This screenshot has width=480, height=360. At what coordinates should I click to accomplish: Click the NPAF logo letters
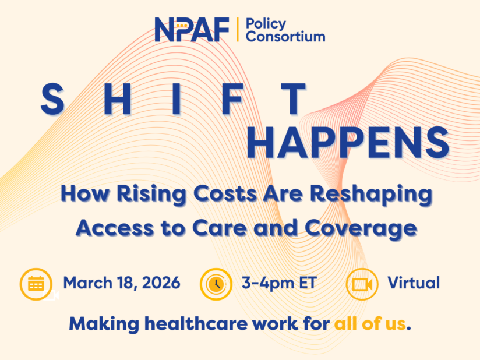(x=192, y=29)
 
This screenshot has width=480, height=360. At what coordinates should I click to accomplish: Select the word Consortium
(x=285, y=37)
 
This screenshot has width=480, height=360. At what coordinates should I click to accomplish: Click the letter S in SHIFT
(x=52, y=99)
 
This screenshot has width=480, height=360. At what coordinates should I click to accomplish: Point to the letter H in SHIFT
(x=117, y=99)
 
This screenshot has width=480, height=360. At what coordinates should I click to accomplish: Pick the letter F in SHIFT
(x=232, y=99)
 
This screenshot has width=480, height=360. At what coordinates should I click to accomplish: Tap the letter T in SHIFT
(x=293, y=99)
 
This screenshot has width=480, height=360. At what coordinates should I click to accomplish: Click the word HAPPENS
(x=348, y=143)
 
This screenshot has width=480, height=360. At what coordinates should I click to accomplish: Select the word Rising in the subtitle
(x=151, y=194)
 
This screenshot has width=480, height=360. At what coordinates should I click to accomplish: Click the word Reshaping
(x=371, y=194)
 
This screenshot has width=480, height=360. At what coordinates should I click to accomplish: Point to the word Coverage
(x=361, y=229)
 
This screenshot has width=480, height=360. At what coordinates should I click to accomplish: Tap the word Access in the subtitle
(x=115, y=228)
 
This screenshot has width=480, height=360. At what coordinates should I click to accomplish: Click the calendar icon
(x=36, y=284)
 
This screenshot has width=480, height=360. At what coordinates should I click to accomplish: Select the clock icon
(x=216, y=284)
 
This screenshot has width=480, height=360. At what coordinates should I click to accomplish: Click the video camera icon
(x=362, y=284)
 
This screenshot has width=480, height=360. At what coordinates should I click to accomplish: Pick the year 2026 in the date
(x=161, y=283)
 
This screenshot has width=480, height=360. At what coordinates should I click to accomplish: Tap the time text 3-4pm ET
(x=279, y=283)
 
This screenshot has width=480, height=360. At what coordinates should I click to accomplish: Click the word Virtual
(x=414, y=283)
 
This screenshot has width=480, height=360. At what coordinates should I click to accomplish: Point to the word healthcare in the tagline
(x=196, y=323)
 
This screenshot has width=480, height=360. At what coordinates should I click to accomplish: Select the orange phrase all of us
(x=370, y=323)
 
